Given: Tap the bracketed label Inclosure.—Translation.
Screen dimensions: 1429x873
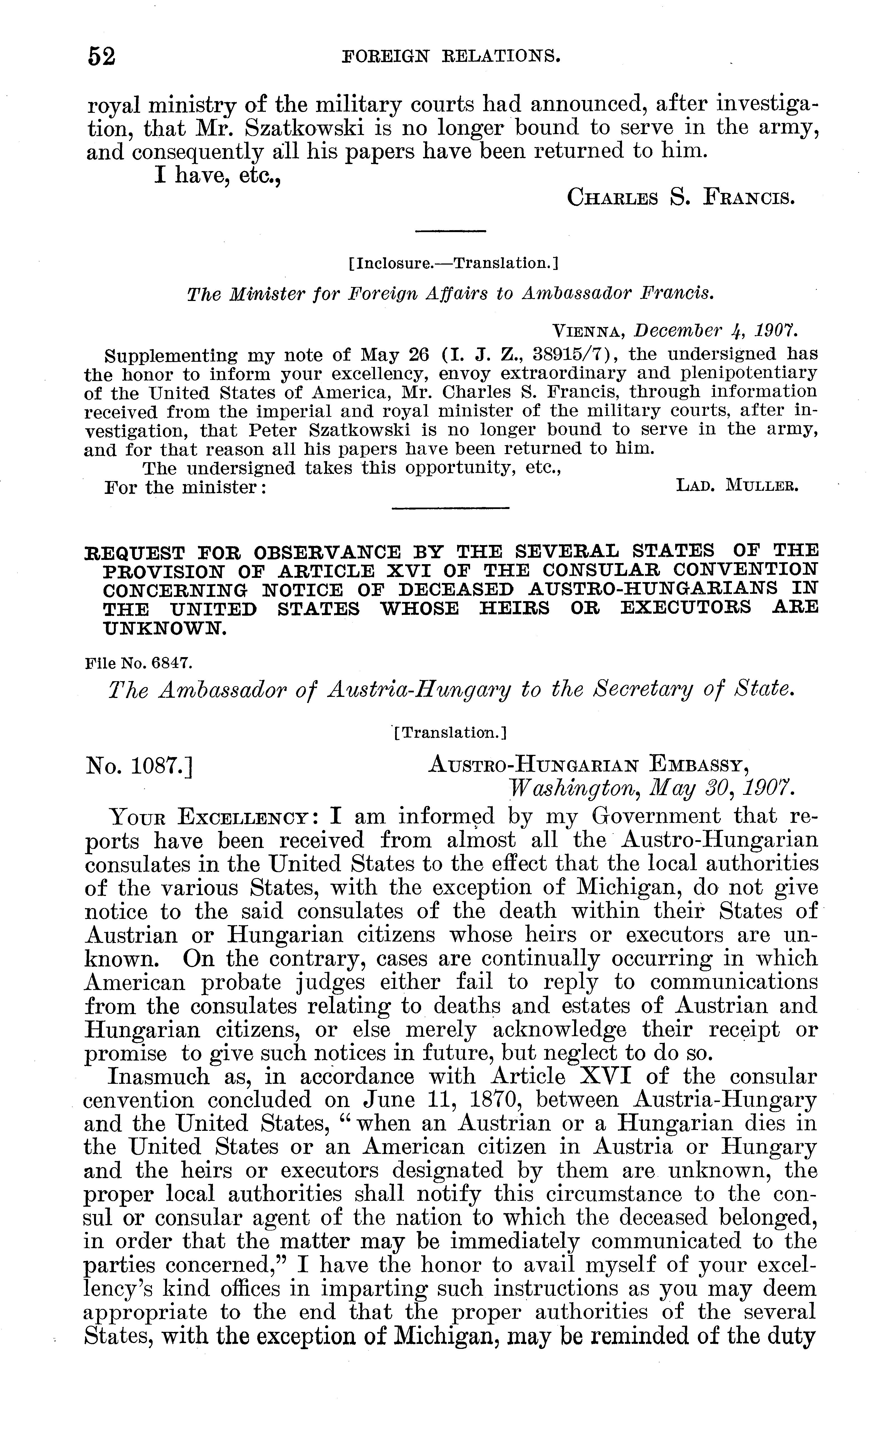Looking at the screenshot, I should [x=453, y=264].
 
